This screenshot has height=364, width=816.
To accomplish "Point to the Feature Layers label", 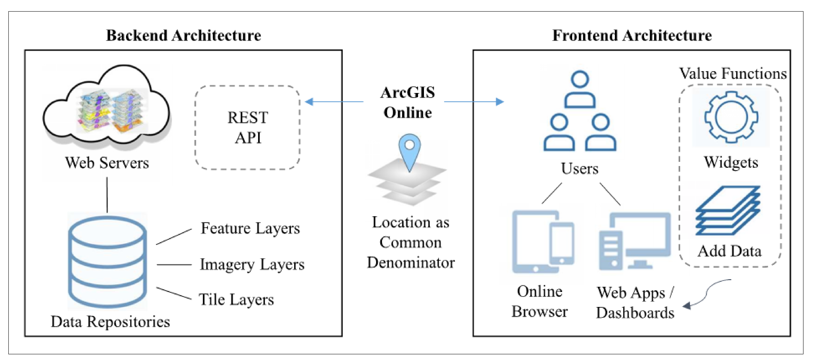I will (x=250, y=228).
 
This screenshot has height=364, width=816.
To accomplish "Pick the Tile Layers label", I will (x=236, y=300).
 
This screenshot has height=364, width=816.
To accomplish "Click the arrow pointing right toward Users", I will (x=474, y=102).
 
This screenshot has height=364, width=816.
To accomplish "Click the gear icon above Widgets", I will (x=731, y=117).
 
